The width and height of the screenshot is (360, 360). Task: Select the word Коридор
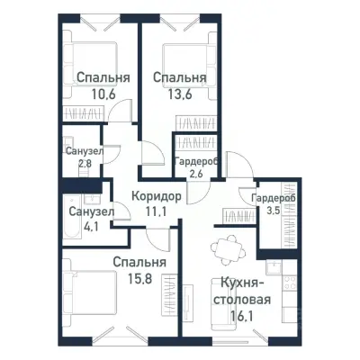(156, 195)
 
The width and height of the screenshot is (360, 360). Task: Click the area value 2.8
(83, 164)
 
